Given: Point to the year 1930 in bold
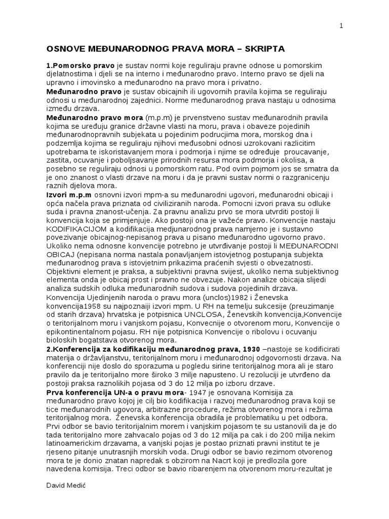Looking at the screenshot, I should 250,350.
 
